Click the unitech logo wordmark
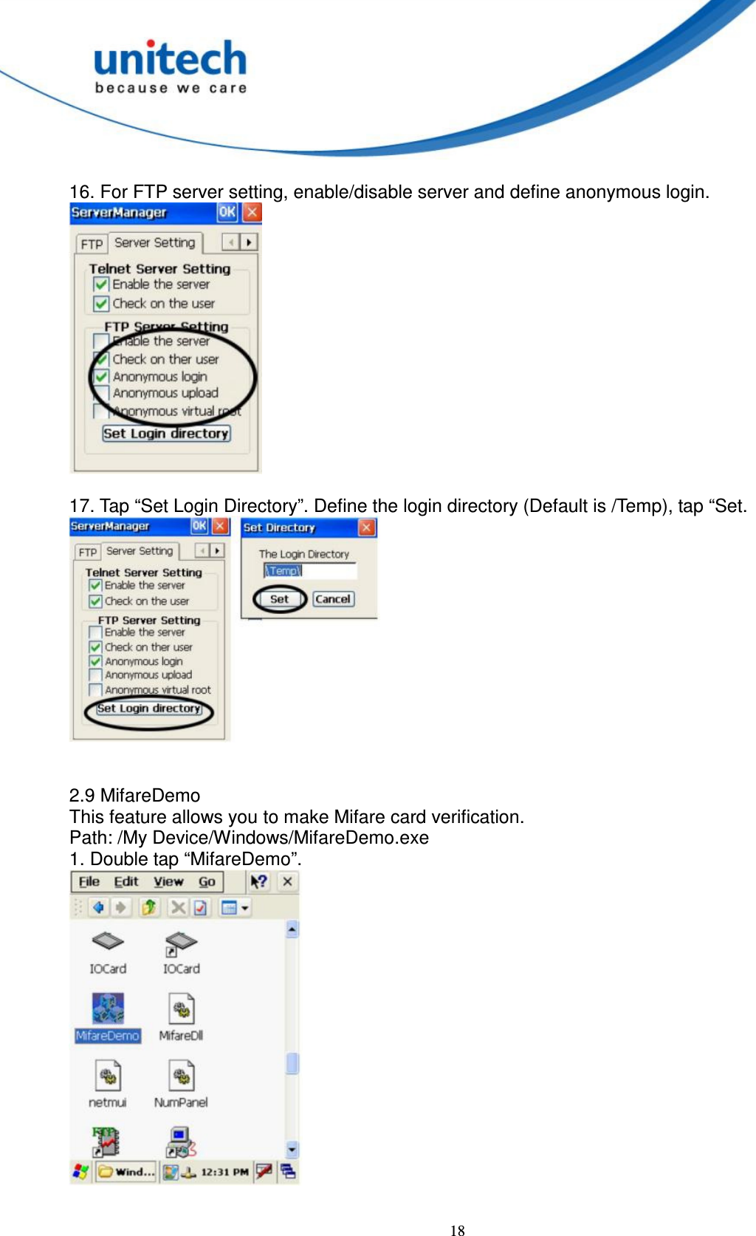click(171, 60)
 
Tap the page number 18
click(458, 1230)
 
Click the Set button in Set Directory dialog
click(280, 599)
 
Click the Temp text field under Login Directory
click(310, 571)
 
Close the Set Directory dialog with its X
click(367, 527)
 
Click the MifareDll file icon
click(182, 1010)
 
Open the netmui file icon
click(109, 1076)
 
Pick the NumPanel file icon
click(182, 1076)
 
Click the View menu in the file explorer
click(168, 882)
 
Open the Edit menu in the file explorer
click(126, 882)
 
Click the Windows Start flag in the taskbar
click(80, 1172)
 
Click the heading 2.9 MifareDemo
click(135, 796)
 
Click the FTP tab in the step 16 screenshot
click(92, 244)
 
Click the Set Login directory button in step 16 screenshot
click(166, 434)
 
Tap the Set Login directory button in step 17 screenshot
click(149, 709)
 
